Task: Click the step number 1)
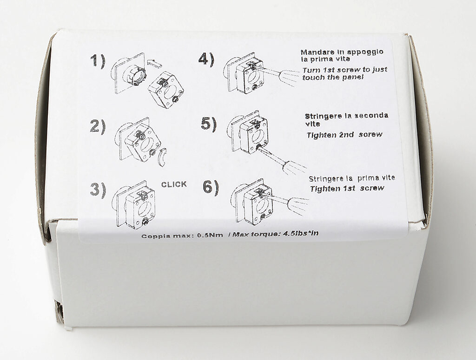pos(98,61)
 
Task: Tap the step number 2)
pos(98,127)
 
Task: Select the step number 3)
pos(98,190)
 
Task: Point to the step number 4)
pos(206,59)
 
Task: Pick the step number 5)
pos(209,124)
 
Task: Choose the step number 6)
pos(211,187)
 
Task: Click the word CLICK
pos(174,184)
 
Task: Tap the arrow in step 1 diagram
pos(154,63)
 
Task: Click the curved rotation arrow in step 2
pos(163,157)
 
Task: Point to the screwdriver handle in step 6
pos(298,205)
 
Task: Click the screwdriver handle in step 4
pos(289,77)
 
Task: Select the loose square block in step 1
pos(166,90)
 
